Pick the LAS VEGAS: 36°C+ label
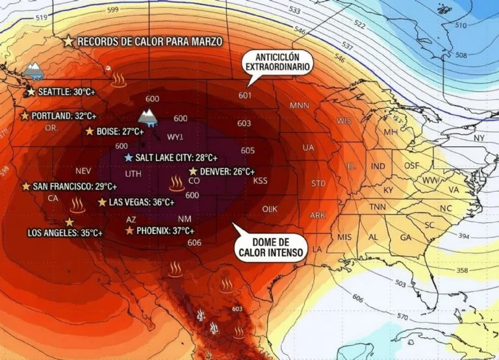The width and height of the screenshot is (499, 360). click(141, 202)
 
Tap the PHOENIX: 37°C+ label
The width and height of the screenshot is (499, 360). click(165, 231)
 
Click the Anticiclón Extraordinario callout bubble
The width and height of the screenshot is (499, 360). click(277, 61)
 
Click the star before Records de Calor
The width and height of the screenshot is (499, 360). click(68, 42)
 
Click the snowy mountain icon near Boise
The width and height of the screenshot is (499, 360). click(147, 118)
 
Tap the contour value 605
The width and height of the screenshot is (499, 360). click(248, 150)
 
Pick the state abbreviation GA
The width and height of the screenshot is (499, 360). click(405, 238)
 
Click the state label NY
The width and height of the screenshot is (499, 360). click(480, 138)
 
